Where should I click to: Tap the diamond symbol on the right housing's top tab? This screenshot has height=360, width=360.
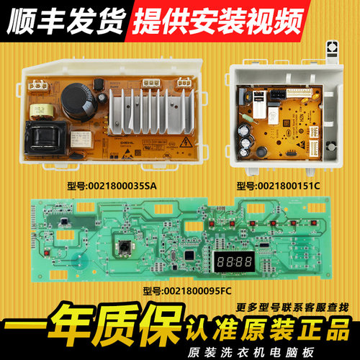pos(333,46)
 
